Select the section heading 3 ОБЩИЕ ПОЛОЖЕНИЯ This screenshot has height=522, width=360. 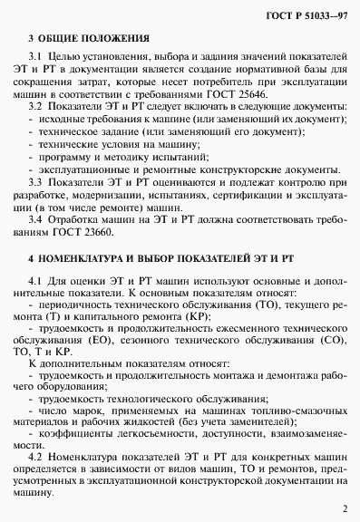[81, 39]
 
